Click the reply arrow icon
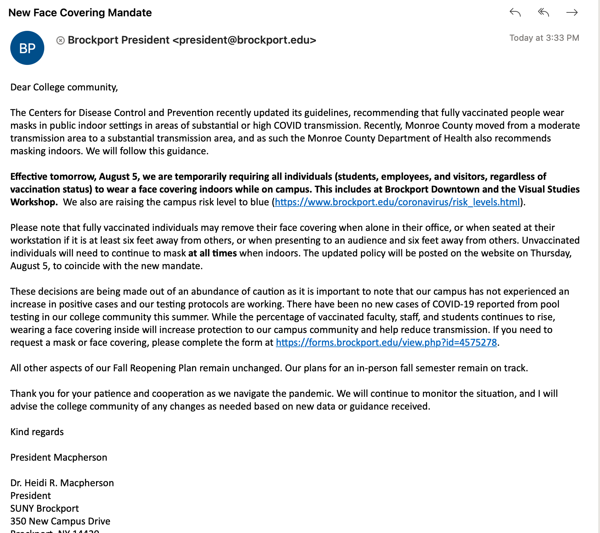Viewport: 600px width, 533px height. [x=515, y=13]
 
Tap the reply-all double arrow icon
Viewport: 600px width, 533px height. [x=543, y=13]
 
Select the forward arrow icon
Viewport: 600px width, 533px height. [x=572, y=13]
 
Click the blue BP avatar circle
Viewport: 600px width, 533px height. [x=27, y=48]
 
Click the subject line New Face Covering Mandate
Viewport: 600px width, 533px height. [x=80, y=13]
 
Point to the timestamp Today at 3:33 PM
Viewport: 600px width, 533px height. [x=544, y=38]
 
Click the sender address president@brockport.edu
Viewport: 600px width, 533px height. [x=244, y=40]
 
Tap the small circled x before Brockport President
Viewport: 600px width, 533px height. [x=61, y=40]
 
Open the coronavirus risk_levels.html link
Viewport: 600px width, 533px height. [x=397, y=202]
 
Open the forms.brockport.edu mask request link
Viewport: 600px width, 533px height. [x=386, y=343]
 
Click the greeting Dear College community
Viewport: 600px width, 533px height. [x=64, y=87]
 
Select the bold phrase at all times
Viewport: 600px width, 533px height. [x=213, y=253]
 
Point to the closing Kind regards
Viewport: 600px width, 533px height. [x=37, y=432]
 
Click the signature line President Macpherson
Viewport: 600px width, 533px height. [x=59, y=457]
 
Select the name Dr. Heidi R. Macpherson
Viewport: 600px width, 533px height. [x=62, y=483]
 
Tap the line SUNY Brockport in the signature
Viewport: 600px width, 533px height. [x=45, y=509]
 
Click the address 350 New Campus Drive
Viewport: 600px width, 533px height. [x=60, y=521]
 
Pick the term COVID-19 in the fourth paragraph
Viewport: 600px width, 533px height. [x=453, y=304]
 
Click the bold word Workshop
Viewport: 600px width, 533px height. [x=34, y=202]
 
